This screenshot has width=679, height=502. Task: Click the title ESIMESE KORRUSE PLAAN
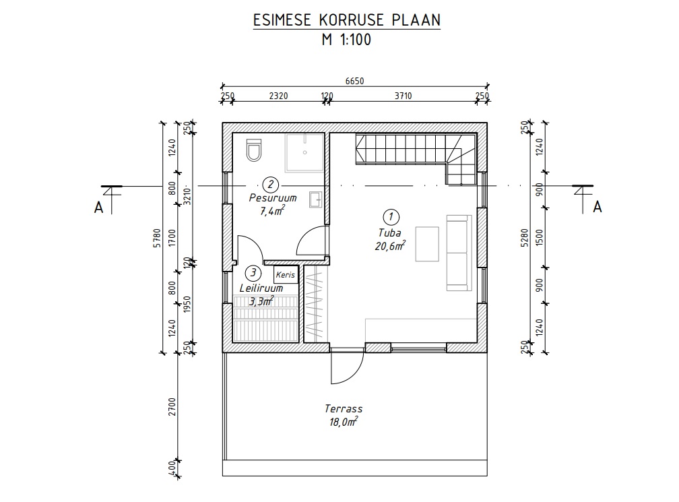point(346,20)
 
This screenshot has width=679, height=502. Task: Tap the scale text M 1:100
point(346,40)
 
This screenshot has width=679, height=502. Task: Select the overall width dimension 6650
point(354,81)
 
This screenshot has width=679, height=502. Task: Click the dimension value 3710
point(403,96)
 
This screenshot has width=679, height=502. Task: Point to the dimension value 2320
point(278,96)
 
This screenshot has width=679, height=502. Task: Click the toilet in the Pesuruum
point(254,150)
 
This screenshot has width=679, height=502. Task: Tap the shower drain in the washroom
point(305,152)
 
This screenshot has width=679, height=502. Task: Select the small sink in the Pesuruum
point(316,199)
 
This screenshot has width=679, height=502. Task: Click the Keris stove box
point(286,275)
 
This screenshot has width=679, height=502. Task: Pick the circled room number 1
point(391,217)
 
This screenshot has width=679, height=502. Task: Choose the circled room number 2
point(271,184)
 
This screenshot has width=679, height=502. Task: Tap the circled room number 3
point(253,273)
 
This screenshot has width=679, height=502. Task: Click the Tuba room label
point(390,233)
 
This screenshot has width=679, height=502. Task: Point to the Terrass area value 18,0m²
point(344,422)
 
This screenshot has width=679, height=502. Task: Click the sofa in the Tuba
point(459,253)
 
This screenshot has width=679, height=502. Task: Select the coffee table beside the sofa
point(427,244)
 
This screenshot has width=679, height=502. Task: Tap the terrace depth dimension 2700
point(172,407)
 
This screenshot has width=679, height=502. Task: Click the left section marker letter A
point(99,208)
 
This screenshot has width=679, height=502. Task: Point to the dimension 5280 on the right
point(525,238)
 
